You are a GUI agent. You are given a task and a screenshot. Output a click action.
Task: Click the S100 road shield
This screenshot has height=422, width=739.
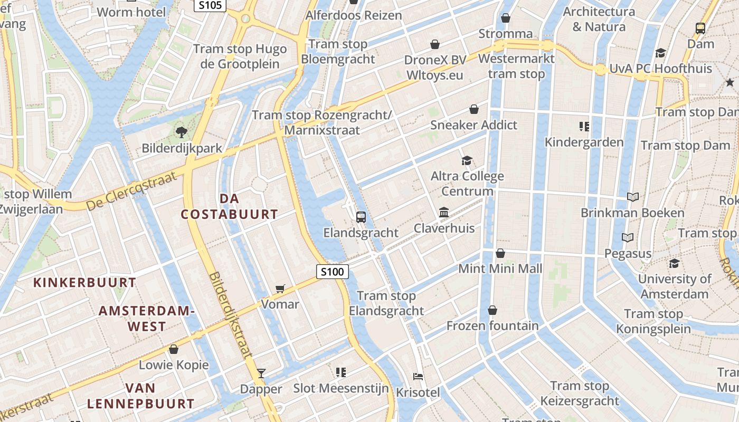coord(333,272)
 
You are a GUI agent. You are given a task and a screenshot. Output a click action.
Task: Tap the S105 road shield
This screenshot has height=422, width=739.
coord(210,5)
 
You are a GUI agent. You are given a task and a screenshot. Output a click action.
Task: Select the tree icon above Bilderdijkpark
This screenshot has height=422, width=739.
coord(182,132)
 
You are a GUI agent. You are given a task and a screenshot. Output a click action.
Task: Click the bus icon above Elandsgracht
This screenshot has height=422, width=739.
coord(361,217)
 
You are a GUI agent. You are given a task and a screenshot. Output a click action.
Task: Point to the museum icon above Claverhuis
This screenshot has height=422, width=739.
coord(444,213)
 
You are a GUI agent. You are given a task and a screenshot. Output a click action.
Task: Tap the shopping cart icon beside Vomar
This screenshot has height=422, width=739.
coord(280,289)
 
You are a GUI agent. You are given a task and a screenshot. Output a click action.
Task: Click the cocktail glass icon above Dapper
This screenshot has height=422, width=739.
coord(261,373)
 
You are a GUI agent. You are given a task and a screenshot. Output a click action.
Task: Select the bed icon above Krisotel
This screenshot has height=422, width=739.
coord(418,377)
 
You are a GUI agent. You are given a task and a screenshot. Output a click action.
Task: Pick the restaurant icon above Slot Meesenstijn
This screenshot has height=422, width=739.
coord(340,372)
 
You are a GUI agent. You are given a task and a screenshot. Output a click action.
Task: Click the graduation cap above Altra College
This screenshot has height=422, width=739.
coord(467,160)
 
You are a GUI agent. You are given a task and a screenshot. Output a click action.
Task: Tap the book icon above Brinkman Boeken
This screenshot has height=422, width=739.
coord(632,197)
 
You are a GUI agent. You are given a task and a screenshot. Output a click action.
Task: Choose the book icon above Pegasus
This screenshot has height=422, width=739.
coord(628,238)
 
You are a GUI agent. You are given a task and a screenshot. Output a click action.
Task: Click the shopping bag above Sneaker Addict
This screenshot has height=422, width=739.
coord(474,109)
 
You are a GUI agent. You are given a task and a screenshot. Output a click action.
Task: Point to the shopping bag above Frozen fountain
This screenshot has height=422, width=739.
coord(492,310)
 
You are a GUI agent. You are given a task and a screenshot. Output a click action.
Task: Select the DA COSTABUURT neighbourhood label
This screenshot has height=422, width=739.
coord(230,206)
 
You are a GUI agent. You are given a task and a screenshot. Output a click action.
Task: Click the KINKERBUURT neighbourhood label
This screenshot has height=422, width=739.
coord(85,282)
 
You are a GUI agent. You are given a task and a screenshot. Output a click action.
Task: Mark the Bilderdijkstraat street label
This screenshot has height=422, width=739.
coord(231,315)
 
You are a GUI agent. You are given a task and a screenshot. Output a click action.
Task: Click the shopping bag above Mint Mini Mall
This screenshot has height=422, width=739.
coord(500,253)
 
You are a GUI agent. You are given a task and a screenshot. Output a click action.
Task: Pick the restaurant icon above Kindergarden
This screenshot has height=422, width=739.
coord(584,127)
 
